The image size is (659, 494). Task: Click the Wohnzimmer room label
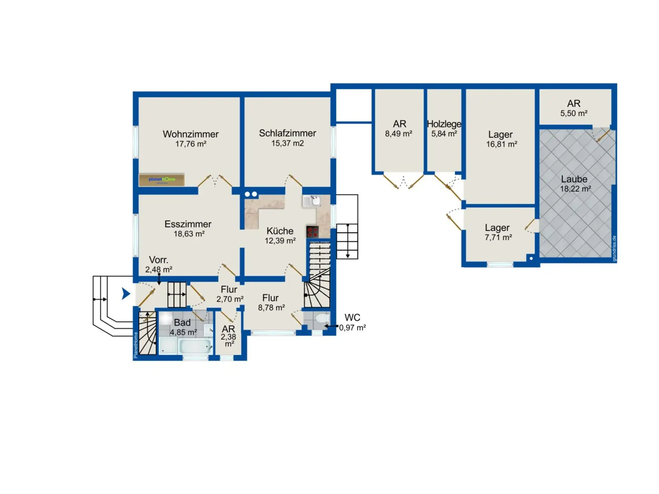click(x=190, y=134)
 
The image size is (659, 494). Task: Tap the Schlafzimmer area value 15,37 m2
click(x=288, y=143)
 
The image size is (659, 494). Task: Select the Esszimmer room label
click(x=188, y=224)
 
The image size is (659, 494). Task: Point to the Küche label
click(x=280, y=231)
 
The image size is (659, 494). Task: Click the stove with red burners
click(x=312, y=232)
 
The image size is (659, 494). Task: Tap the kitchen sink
click(x=311, y=201)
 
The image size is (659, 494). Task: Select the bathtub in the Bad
click(x=195, y=346)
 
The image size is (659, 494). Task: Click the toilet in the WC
click(x=322, y=318)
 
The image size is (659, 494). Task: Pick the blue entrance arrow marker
click(x=126, y=294)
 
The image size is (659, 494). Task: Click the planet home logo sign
click(x=162, y=180)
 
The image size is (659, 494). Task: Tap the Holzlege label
click(x=444, y=124)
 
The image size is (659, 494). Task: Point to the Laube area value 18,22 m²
click(x=576, y=189)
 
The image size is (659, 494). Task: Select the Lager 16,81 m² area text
click(x=501, y=144)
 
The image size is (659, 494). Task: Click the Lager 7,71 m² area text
click(x=498, y=237)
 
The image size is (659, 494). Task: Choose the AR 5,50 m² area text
click(x=574, y=113)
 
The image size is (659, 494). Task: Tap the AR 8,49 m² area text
click(x=398, y=134)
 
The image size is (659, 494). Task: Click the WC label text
click(x=352, y=318)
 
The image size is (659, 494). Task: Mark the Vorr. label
click(x=159, y=260)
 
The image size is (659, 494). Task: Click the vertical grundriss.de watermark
click(x=614, y=249)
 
